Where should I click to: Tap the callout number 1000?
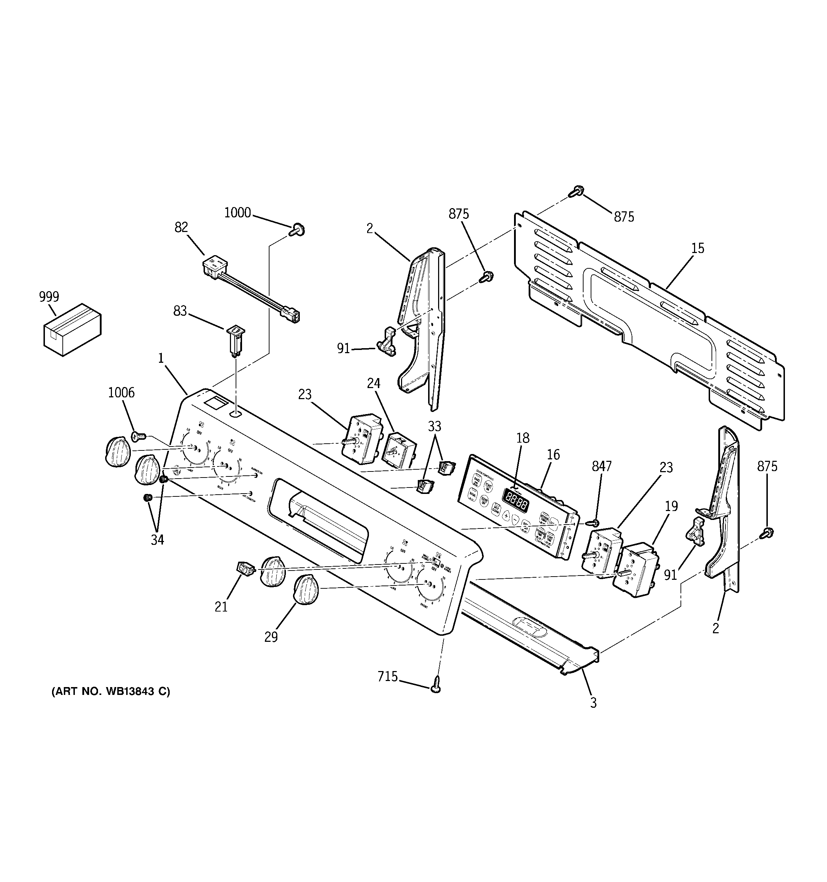[x=237, y=213]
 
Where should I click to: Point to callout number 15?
[x=697, y=248]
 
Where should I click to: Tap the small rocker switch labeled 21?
[x=245, y=567]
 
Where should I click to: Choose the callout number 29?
[x=271, y=637]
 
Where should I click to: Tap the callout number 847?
[x=601, y=466]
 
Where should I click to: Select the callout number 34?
[x=157, y=540]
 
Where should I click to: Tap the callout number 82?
[x=181, y=227]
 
